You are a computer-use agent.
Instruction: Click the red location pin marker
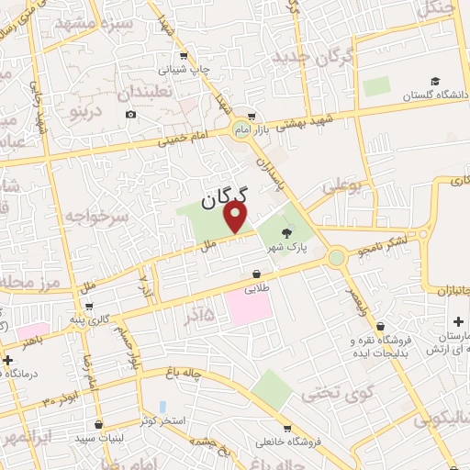pos(237,217)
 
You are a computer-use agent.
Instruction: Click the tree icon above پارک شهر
pos(287,232)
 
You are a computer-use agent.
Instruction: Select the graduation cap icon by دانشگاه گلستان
pos(434,82)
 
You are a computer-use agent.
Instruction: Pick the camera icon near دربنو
pos(130,114)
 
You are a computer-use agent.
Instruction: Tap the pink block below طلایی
pos(249,308)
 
